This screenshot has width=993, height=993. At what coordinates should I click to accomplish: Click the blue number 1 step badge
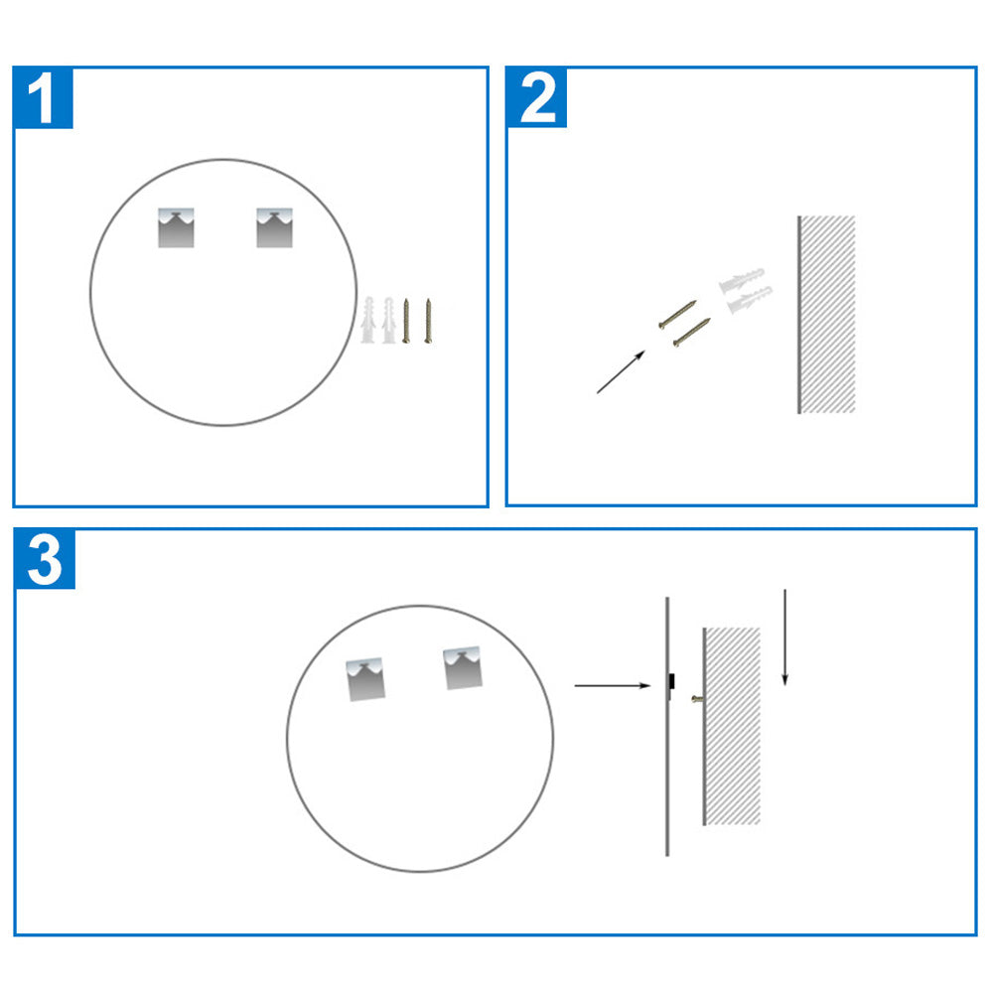[43, 97]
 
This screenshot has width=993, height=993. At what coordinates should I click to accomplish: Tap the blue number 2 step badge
[537, 97]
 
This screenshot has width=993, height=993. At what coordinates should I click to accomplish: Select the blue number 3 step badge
[45, 559]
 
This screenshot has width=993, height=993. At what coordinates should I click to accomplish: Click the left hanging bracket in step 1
[178, 227]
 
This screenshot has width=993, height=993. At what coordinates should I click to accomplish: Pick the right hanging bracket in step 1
[274, 227]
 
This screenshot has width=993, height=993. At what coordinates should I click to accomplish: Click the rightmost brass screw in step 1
[428, 319]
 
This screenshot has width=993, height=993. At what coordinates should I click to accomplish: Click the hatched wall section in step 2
[827, 314]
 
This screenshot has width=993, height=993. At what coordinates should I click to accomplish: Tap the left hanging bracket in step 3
[365, 680]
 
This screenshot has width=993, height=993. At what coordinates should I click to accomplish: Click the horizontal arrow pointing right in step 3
[612, 685]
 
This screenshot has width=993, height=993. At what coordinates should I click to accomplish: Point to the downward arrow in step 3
[784, 637]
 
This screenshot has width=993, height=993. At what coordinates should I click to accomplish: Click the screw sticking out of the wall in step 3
[697, 700]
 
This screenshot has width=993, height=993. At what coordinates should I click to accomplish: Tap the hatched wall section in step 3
[732, 726]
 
